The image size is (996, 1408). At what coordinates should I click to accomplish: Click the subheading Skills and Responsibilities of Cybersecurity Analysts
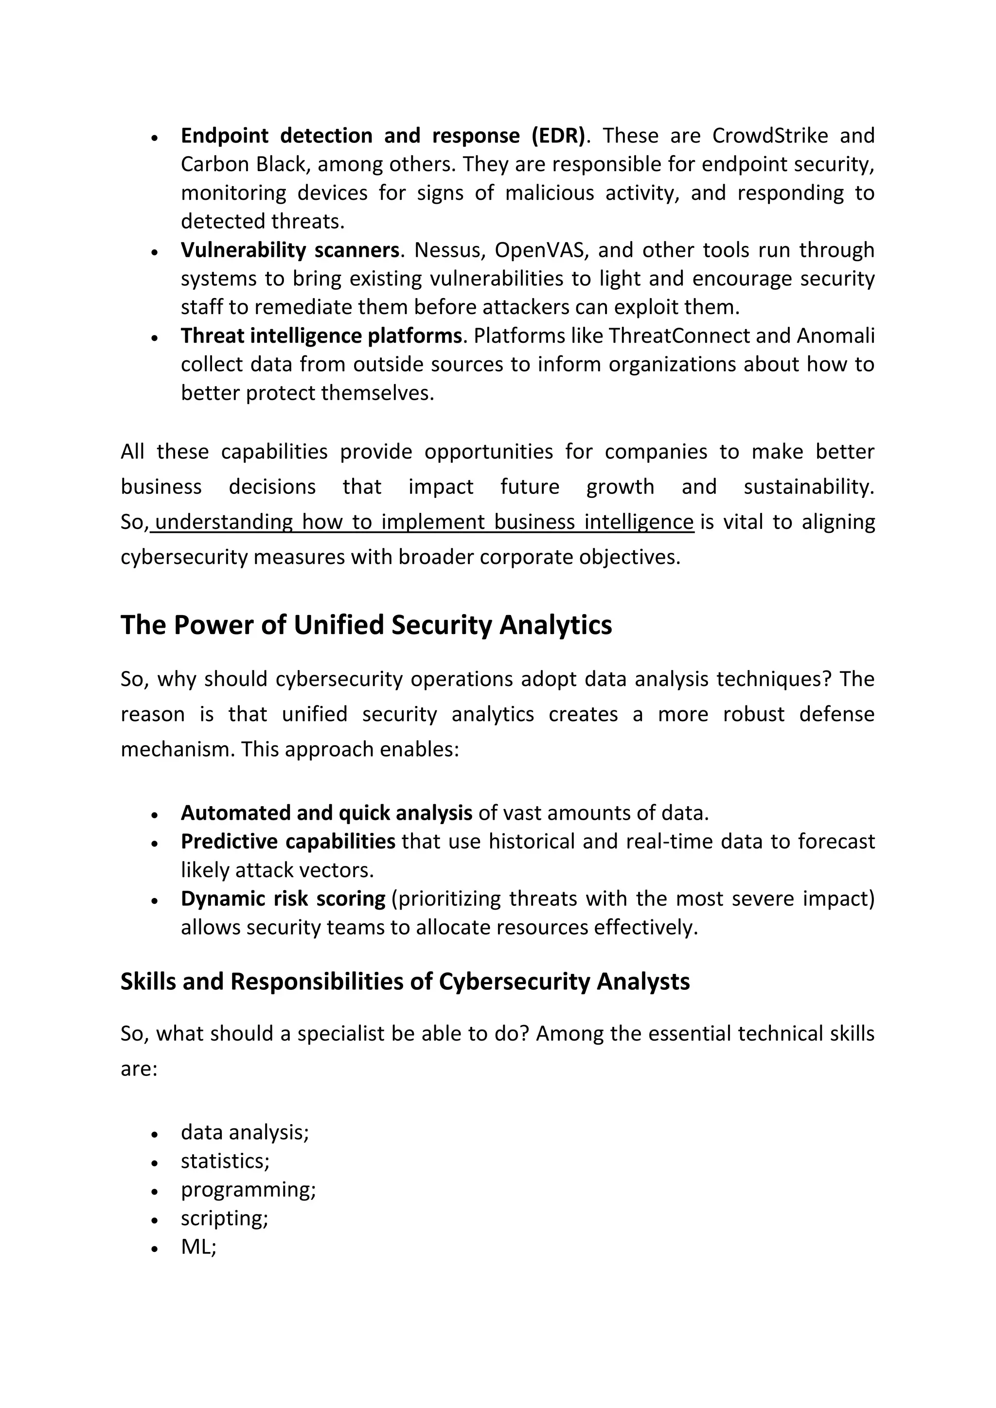[405, 982]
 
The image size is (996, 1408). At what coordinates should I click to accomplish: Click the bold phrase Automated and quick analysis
[326, 813]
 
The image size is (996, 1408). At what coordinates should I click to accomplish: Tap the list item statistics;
[225, 1161]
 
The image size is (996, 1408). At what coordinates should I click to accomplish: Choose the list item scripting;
[225, 1218]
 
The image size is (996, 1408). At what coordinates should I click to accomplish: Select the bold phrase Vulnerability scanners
[290, 250]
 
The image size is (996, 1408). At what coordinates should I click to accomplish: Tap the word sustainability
[808, 487]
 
